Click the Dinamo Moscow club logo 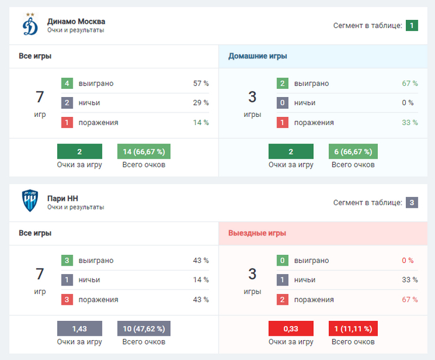30,25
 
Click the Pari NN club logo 30,201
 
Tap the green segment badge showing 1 411,25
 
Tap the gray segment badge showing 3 411,202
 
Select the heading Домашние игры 257,56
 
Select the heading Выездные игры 257,233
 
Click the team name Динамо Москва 76,21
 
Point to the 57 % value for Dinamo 201,84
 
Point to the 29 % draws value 201,103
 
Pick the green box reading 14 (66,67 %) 144,152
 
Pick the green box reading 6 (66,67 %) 353,152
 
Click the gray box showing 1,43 80,328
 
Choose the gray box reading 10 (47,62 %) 144,328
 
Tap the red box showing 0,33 291,328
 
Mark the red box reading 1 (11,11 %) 353,328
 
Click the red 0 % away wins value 408,261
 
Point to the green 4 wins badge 67,84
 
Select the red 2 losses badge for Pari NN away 282,300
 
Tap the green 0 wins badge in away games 282,261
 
